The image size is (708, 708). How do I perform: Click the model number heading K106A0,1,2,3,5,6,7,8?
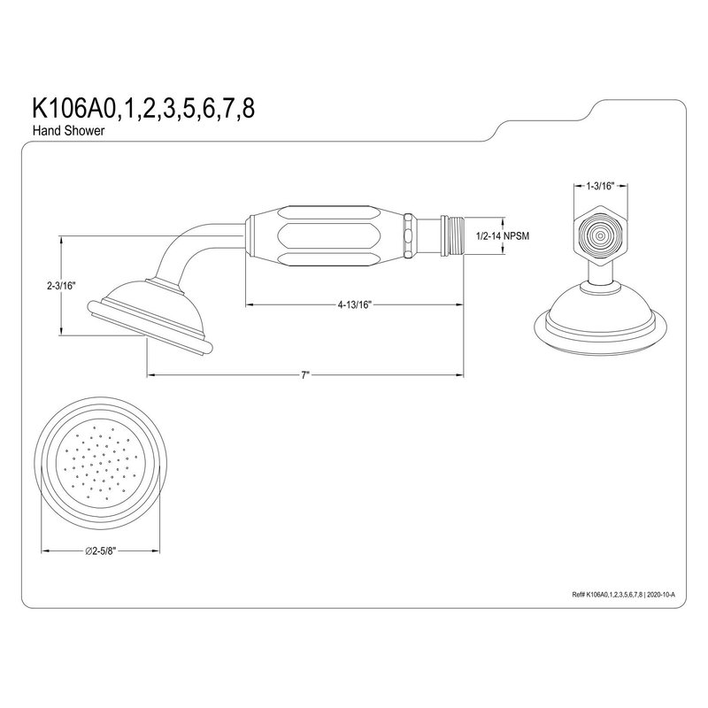[142, 108]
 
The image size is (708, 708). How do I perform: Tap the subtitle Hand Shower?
[68, 131]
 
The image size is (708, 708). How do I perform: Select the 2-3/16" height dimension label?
[61, 286]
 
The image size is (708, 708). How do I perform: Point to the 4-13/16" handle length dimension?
[355, 304]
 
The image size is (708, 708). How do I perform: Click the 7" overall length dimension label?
[305, 375]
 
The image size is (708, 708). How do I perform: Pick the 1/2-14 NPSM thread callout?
[502, 235]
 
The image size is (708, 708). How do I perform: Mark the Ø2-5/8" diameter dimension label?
[101, 550]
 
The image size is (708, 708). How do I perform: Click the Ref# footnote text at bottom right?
[624, 595]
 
